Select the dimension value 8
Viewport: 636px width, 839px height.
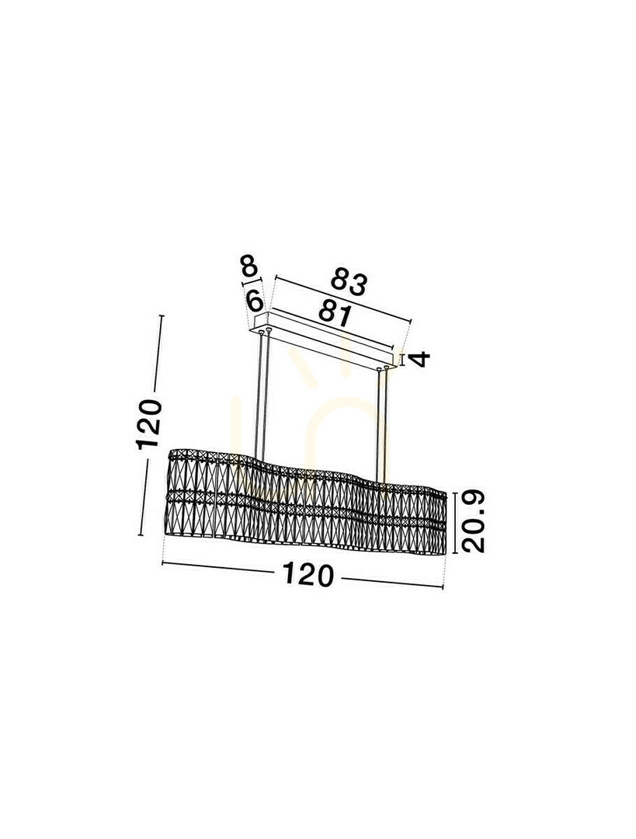click(249, 265)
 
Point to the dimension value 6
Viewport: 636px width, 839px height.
click(255, 301)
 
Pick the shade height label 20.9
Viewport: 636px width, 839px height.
click(474, 521)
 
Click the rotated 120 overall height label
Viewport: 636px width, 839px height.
click(148, 424)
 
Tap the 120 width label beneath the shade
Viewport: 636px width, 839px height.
click(308, 574)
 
